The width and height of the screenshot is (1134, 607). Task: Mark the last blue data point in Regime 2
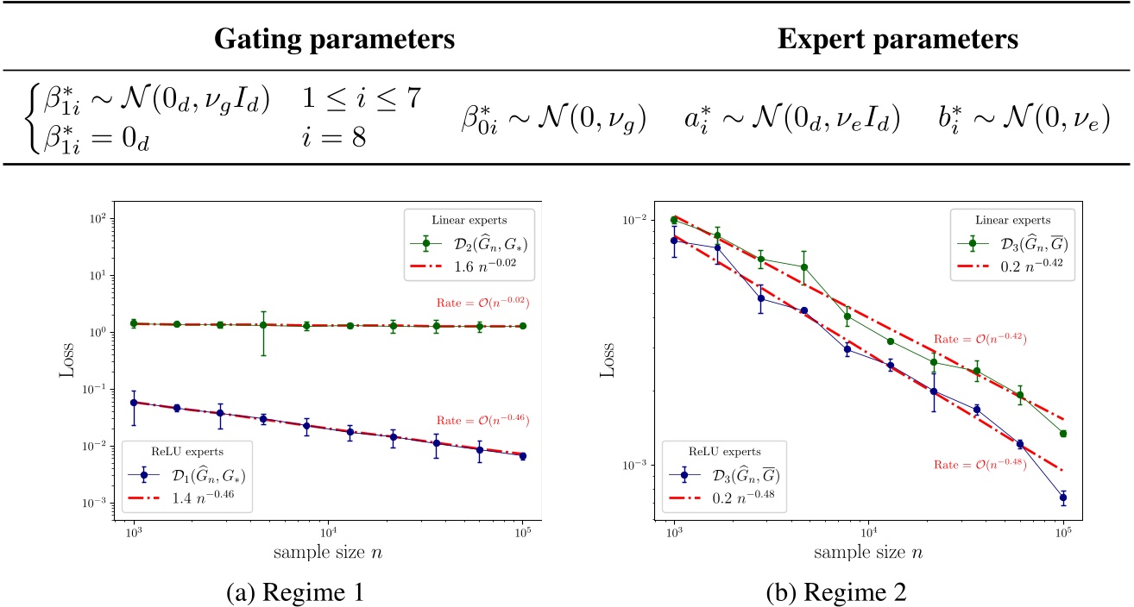point(1062,497)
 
